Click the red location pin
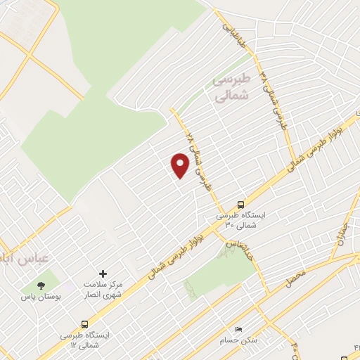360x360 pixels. point(180,165)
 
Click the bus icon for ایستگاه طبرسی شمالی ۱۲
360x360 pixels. point(85,324)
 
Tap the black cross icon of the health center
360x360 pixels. point(103,274)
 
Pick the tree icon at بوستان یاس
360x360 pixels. point(41,285)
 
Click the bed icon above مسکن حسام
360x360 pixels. point(238,329)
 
